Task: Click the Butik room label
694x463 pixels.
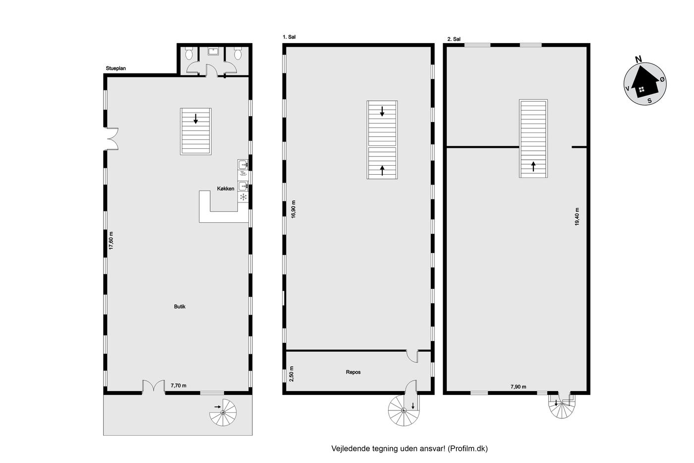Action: [x=179, y=307]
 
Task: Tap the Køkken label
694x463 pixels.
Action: [x=226, y=189]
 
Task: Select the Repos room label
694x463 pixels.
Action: [x=353, y=372]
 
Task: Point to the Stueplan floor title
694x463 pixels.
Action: [x=116, y=68]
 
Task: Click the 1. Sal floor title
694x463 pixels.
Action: [x=289, y=37]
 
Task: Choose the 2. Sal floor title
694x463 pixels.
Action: [x=454, y=39]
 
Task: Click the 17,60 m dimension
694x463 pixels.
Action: [x=111, y=240]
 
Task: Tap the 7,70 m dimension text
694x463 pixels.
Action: [x=179, y=386]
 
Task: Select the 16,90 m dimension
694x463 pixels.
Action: [x=293, y=209]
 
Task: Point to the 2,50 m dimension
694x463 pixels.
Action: [x=291, y=374]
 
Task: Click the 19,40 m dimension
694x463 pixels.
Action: [x=577, y=216]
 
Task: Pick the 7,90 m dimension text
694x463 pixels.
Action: [x=519, y=387]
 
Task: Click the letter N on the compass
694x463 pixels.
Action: [x=638, y=59]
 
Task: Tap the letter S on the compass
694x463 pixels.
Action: [x=650, y=101]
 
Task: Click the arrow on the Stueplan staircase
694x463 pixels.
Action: [x=195, y=119]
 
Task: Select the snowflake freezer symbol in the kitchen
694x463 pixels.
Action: [x=243, y=197]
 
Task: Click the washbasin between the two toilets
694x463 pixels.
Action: [x=213, y=51]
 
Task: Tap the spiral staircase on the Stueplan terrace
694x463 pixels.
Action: [x=223, y=412]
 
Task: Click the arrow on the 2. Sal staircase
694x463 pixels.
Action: [x=533, y=167]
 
